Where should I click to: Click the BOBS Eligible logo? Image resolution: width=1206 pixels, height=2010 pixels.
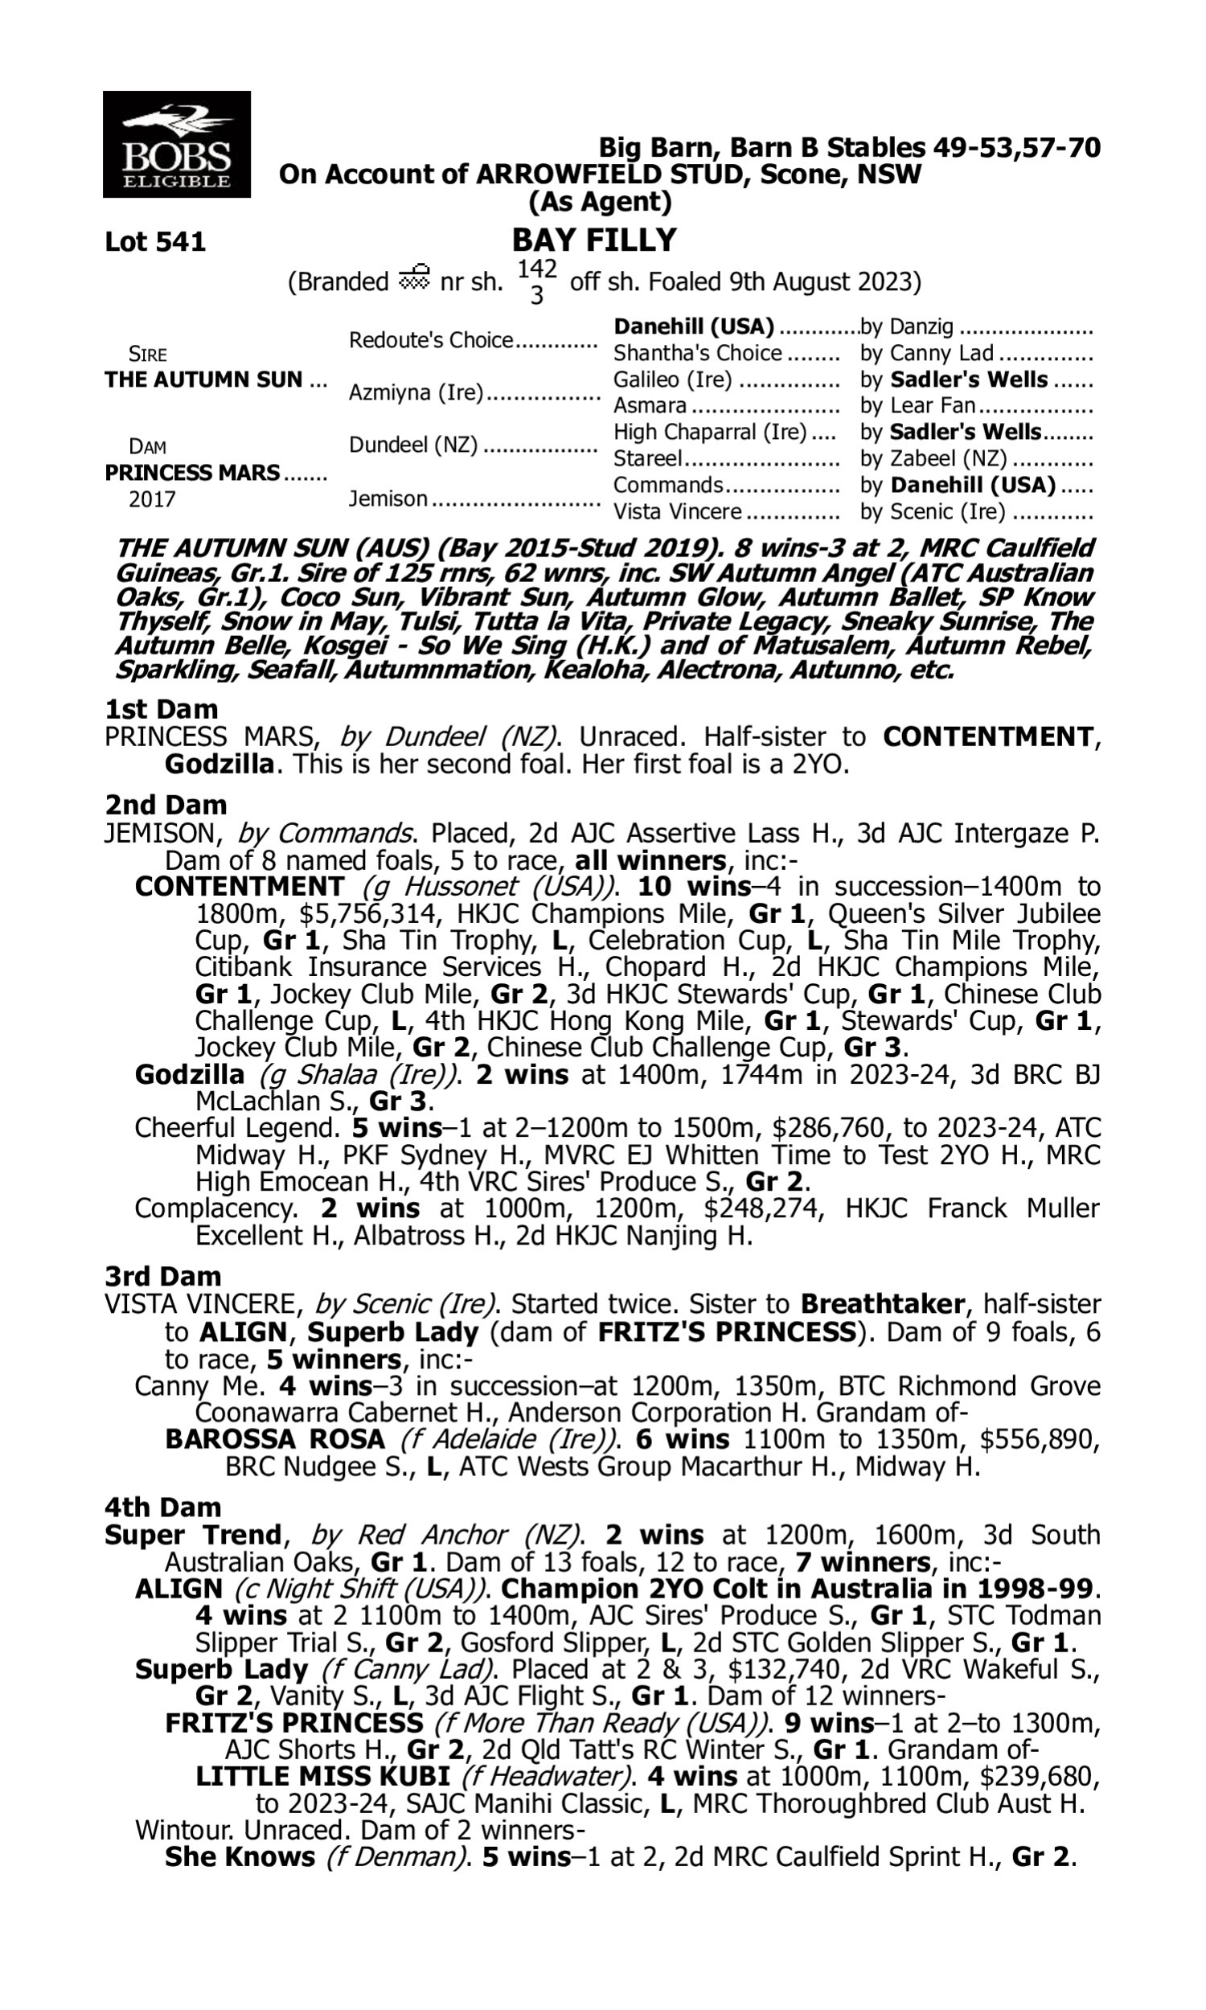[176, 144]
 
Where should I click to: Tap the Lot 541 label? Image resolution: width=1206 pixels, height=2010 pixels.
[155, 241]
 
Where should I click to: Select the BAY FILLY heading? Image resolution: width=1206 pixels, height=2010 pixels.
[594, 240]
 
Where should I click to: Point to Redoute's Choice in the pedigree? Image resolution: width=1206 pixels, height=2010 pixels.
[431, 339]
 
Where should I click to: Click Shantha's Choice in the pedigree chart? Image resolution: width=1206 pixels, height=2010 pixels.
[697, 353]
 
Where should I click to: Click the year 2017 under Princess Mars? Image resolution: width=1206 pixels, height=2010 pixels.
[152, 498]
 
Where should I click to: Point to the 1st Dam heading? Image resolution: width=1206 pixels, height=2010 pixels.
[162, 709]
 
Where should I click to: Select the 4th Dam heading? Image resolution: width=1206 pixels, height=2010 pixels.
[162, 1507]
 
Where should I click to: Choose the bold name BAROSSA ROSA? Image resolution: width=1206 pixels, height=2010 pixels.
[275, 1439]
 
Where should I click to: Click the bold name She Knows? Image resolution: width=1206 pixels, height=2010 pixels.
[240, 1856]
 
